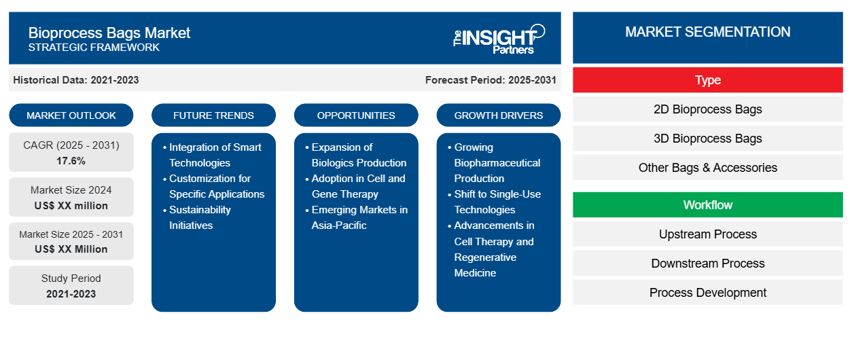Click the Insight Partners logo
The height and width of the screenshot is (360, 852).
(499, 39)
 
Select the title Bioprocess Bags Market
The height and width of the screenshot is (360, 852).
(109, 33)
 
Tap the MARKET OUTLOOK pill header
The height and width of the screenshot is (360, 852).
(71, 115)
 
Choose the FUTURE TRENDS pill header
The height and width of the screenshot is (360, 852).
(213, 115)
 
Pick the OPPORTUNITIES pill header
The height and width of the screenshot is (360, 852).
(356, 115)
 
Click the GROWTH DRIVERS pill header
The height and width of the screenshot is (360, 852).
(498, 115)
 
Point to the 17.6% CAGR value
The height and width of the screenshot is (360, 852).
(71, 161)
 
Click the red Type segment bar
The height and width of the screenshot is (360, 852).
(707, 80)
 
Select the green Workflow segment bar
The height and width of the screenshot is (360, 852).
(707, 205)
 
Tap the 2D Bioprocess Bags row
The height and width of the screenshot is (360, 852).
(707, 109)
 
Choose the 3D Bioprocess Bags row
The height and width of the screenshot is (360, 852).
(707, 139)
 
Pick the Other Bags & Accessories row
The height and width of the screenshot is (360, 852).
(707, 168)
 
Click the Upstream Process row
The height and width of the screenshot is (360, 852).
(707, 234)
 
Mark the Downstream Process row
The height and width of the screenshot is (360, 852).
(707, 264)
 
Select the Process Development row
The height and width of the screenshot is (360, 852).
(707, 293)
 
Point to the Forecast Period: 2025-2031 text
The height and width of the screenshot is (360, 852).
(491, 80)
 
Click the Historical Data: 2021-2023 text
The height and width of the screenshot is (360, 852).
(76, 80)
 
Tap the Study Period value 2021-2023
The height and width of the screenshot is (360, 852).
(71, 294)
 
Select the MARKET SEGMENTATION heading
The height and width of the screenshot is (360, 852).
(707, 32)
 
